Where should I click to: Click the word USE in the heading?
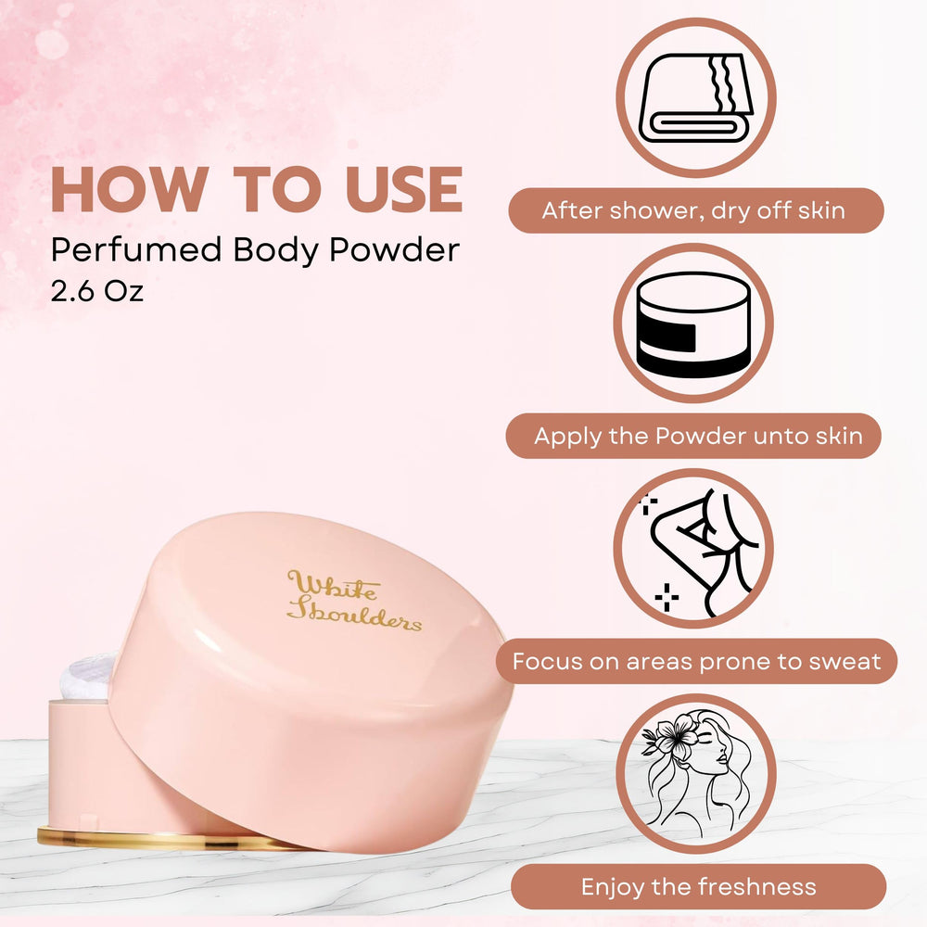coord(404,188)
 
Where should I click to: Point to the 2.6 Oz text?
coord(97,291)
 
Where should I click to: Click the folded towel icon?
coord(696,98)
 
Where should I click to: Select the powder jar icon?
coord(693,324)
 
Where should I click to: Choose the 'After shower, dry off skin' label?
coord(696,210)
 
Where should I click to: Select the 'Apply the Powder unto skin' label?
coord(693,436)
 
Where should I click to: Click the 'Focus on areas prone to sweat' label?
coord(696,661)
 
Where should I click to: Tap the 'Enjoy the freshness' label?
coord(698,887)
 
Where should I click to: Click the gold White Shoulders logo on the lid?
coord(353,601)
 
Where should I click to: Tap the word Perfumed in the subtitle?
coord(136,249)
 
